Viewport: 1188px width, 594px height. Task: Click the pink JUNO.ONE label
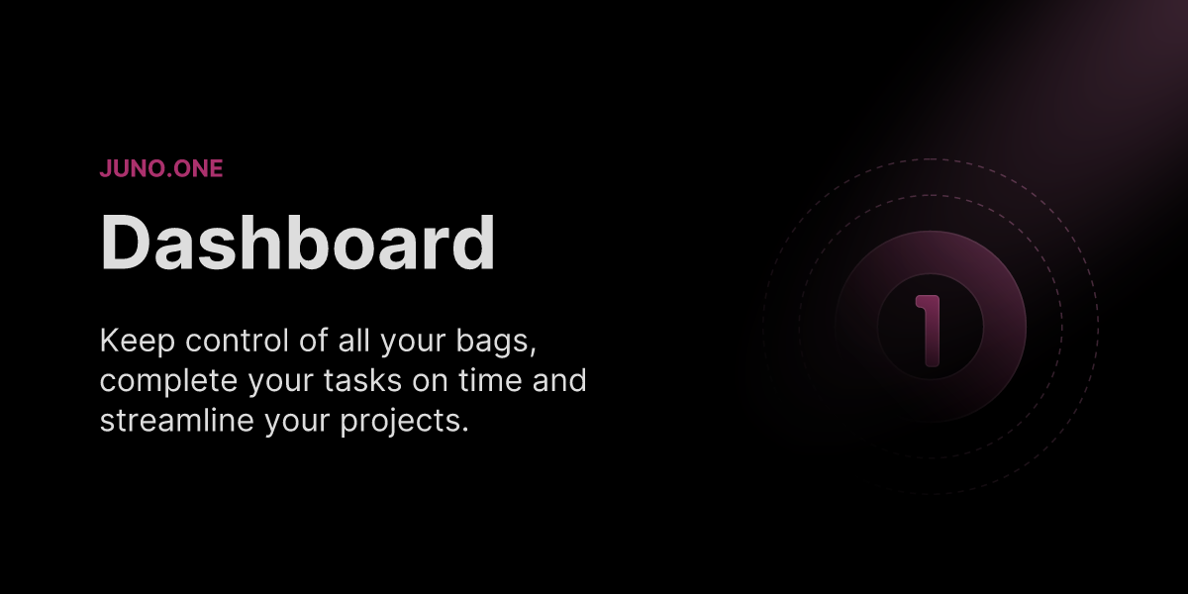(x=161, y=168)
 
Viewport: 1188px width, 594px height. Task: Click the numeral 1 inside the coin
(x=929, y=330)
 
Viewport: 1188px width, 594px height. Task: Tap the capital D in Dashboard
(x=125, y=243)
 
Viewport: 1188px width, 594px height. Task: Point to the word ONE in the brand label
(x=197, y=168)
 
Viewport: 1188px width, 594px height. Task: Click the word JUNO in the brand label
(x=130, y=168)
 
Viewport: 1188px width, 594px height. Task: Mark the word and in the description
(x=560, y=381)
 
